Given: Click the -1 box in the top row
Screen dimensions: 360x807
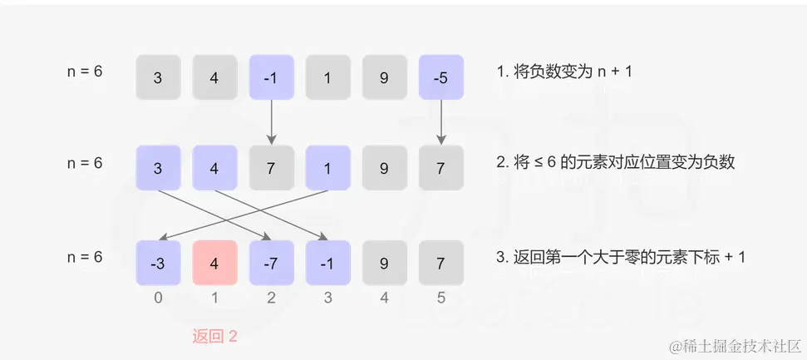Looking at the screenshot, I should (272, 79).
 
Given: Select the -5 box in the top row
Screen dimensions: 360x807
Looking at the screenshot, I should (440, 79).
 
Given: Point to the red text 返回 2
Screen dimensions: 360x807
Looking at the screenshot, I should (215, 337).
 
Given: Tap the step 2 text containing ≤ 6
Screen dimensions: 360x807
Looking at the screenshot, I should (616, 163).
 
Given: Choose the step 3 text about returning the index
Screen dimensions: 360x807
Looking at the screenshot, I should (620, 257).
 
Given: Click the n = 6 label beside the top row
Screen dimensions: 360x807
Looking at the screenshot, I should (85, 72).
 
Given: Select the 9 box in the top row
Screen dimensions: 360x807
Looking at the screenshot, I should (384, 79).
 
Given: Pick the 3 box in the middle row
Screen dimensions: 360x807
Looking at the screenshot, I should (159, 169).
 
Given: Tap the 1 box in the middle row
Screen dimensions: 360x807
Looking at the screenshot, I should (328, 169).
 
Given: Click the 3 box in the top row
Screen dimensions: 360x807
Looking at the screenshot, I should (159, 79).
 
